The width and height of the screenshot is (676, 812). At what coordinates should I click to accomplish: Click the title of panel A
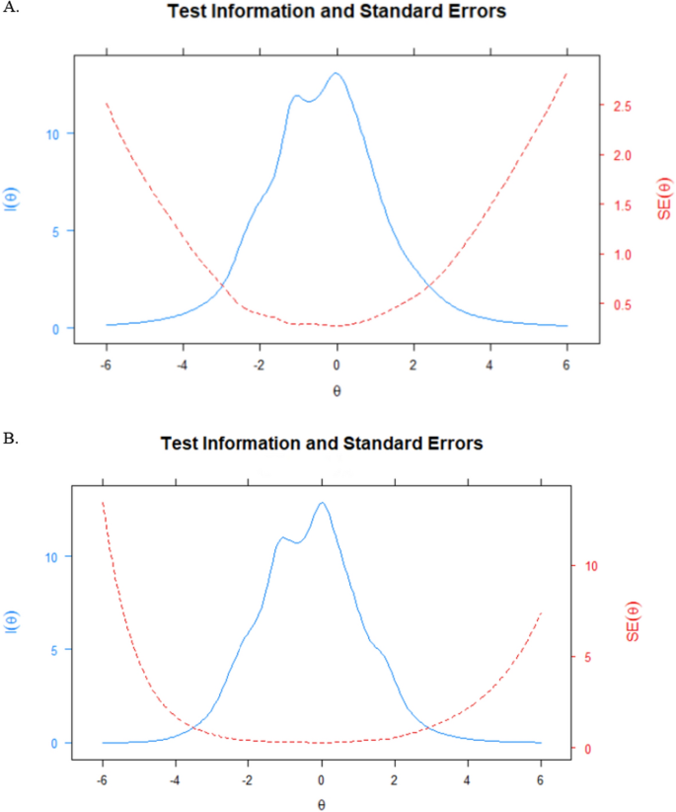[338, 13]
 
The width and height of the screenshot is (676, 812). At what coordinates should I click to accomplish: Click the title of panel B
[322, 444]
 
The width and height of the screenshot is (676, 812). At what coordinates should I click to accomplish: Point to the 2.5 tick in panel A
[623, 107]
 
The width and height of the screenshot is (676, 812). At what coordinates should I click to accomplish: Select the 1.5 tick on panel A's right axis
[623, 205]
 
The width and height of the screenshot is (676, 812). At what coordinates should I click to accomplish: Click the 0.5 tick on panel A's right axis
[623, 304]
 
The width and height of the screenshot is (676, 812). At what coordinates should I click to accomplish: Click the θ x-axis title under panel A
[337, 390]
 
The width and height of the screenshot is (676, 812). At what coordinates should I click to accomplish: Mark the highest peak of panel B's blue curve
[322, 503]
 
